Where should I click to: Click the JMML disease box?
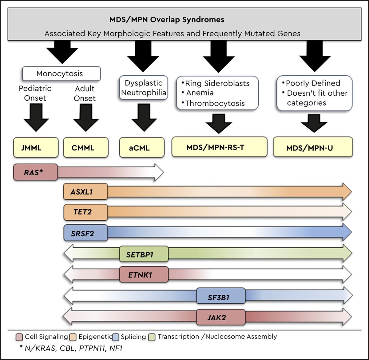click(x=36, y=147)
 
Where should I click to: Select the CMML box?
click(x=86, y=147)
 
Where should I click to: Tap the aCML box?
click(x=142, y=147)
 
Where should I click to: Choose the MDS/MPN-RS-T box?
click(x=219, y=147)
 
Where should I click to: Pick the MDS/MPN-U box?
click(x=313, y=147)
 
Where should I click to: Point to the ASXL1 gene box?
click(x=85, y=191)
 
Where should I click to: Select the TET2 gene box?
click(x=85, y=212)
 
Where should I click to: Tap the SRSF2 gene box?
click(x=85, y=233)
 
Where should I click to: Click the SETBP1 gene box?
click(x=144, y=254)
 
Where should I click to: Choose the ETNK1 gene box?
click(x=144, y=274)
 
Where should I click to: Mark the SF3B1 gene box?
click(x=221, y=296)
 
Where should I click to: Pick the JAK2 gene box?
click(x=221, y=317)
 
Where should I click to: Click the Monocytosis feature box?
click(x=61, y=74)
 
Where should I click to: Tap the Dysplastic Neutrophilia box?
click(x=144, y=88)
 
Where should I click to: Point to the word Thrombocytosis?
click(x=215, y=103)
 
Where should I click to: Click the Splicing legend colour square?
click(x=116, y=337)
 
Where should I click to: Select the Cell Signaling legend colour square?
click(x=19, y=337)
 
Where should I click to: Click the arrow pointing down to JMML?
click(x=36, y=118)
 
